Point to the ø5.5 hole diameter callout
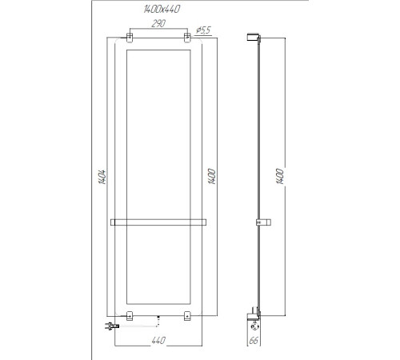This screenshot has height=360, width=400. pyautogui.click(x=202, y=30)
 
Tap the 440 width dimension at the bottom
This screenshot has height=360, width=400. pyautogui.click(x=158, y=343)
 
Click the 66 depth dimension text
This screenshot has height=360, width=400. pyautogui.click(x=254, y=342)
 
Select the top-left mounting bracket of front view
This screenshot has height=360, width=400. pyautogui.click(x=128, y=38)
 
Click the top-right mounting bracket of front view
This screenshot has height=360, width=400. pyautogui.click(x=187, y=38)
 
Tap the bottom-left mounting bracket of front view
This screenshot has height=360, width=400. pyautogui.click(x=128, y=314)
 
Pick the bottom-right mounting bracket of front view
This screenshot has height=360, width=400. pyautogui.click(x=187, y=314)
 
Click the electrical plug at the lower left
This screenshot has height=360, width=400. pyautogui.click(x=110, y=326)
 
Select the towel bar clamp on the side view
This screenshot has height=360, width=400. pyautogui.click(x=258, y=221)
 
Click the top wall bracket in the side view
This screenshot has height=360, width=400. pyautogui.click(x=254, y=35)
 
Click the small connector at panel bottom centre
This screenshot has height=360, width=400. pyautogui.click(x=159, y=318)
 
